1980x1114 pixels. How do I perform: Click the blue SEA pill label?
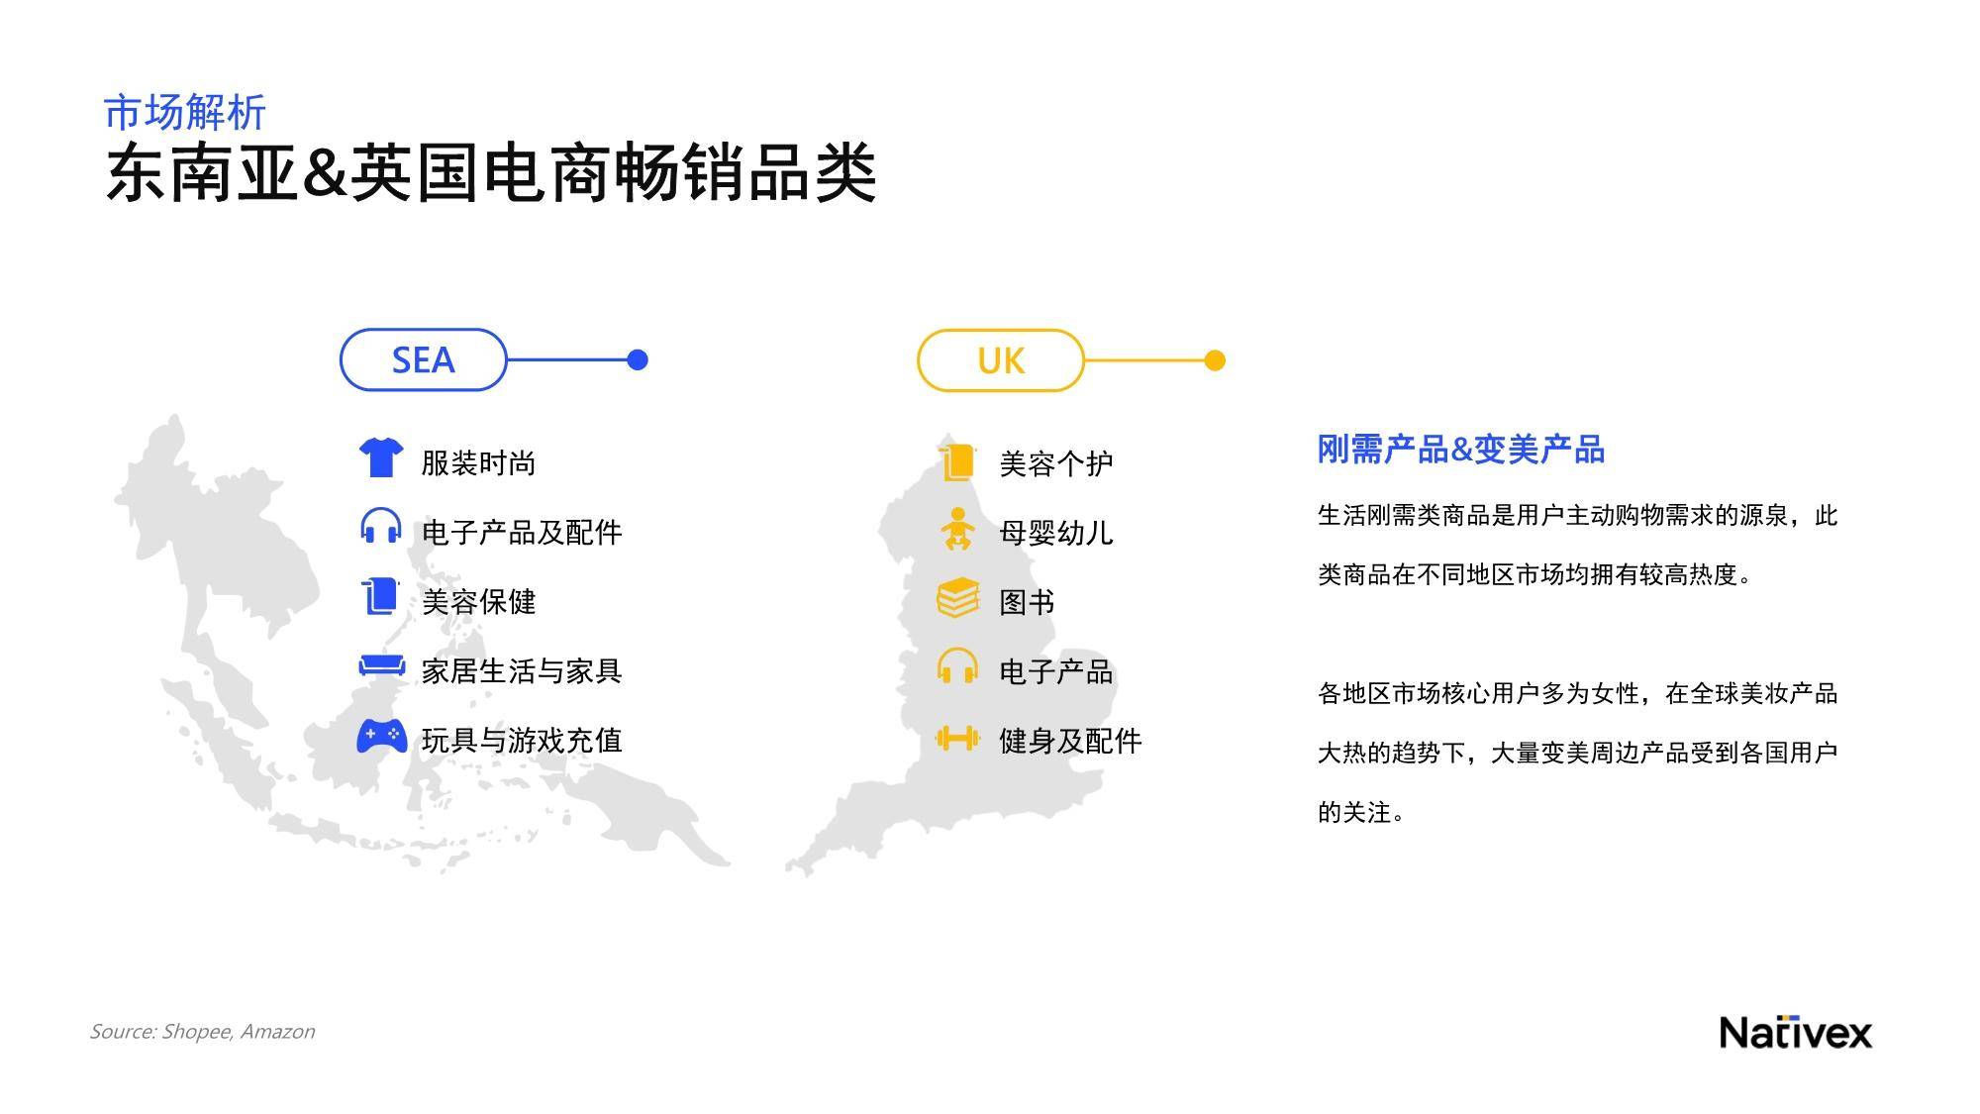(x=423, y=359)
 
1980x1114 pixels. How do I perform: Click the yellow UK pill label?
(x=1001, y=360)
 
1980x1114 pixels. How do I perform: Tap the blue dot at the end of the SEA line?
(x=638, y=359)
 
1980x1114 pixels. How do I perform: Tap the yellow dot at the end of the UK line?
(x=1215, y=360)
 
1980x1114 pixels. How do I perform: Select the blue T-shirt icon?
(x=381, y=457)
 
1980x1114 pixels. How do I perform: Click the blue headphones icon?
(x=381, y=526)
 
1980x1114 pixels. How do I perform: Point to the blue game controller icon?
(x=381, y=736)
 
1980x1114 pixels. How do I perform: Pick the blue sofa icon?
(x=381, y=665)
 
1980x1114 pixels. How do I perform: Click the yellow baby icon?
(x=957, y=530)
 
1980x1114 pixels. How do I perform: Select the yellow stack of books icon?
(x=957, y=598)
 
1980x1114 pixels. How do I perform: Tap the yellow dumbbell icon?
(x=957, y=738)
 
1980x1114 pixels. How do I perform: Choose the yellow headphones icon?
(x=957, y=665)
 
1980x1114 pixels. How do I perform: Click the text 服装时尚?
(x=478, y=462)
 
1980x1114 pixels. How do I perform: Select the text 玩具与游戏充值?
(x=522, y=740)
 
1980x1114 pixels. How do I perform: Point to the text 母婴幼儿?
(x=1056, y=533)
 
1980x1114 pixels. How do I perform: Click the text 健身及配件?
(x=1070, y=741)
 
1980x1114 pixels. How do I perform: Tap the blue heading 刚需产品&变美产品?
(x=1460, y=450)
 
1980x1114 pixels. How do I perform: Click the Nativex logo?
(x=1796, y=1032)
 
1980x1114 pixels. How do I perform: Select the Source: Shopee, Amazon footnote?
(x=202, y=1031)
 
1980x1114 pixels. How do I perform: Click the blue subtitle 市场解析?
(x=185, y=112)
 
